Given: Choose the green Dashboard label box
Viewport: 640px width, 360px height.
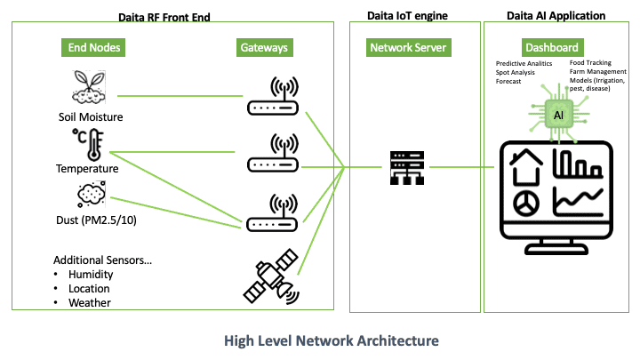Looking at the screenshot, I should click(551, 47).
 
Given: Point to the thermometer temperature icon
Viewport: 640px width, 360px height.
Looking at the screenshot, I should click(89, 144).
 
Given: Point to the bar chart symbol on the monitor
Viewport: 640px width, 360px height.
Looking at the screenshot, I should click(576, 165).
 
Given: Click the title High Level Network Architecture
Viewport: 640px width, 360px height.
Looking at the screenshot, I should click(331, 340).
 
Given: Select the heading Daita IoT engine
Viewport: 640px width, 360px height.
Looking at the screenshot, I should click(409, 16).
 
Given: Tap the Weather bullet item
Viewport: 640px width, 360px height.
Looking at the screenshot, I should click(90, 302).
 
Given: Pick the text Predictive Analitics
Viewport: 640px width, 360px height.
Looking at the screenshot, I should click(524, 64).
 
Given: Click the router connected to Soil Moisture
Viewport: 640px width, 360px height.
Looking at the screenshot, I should click(271, 99).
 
